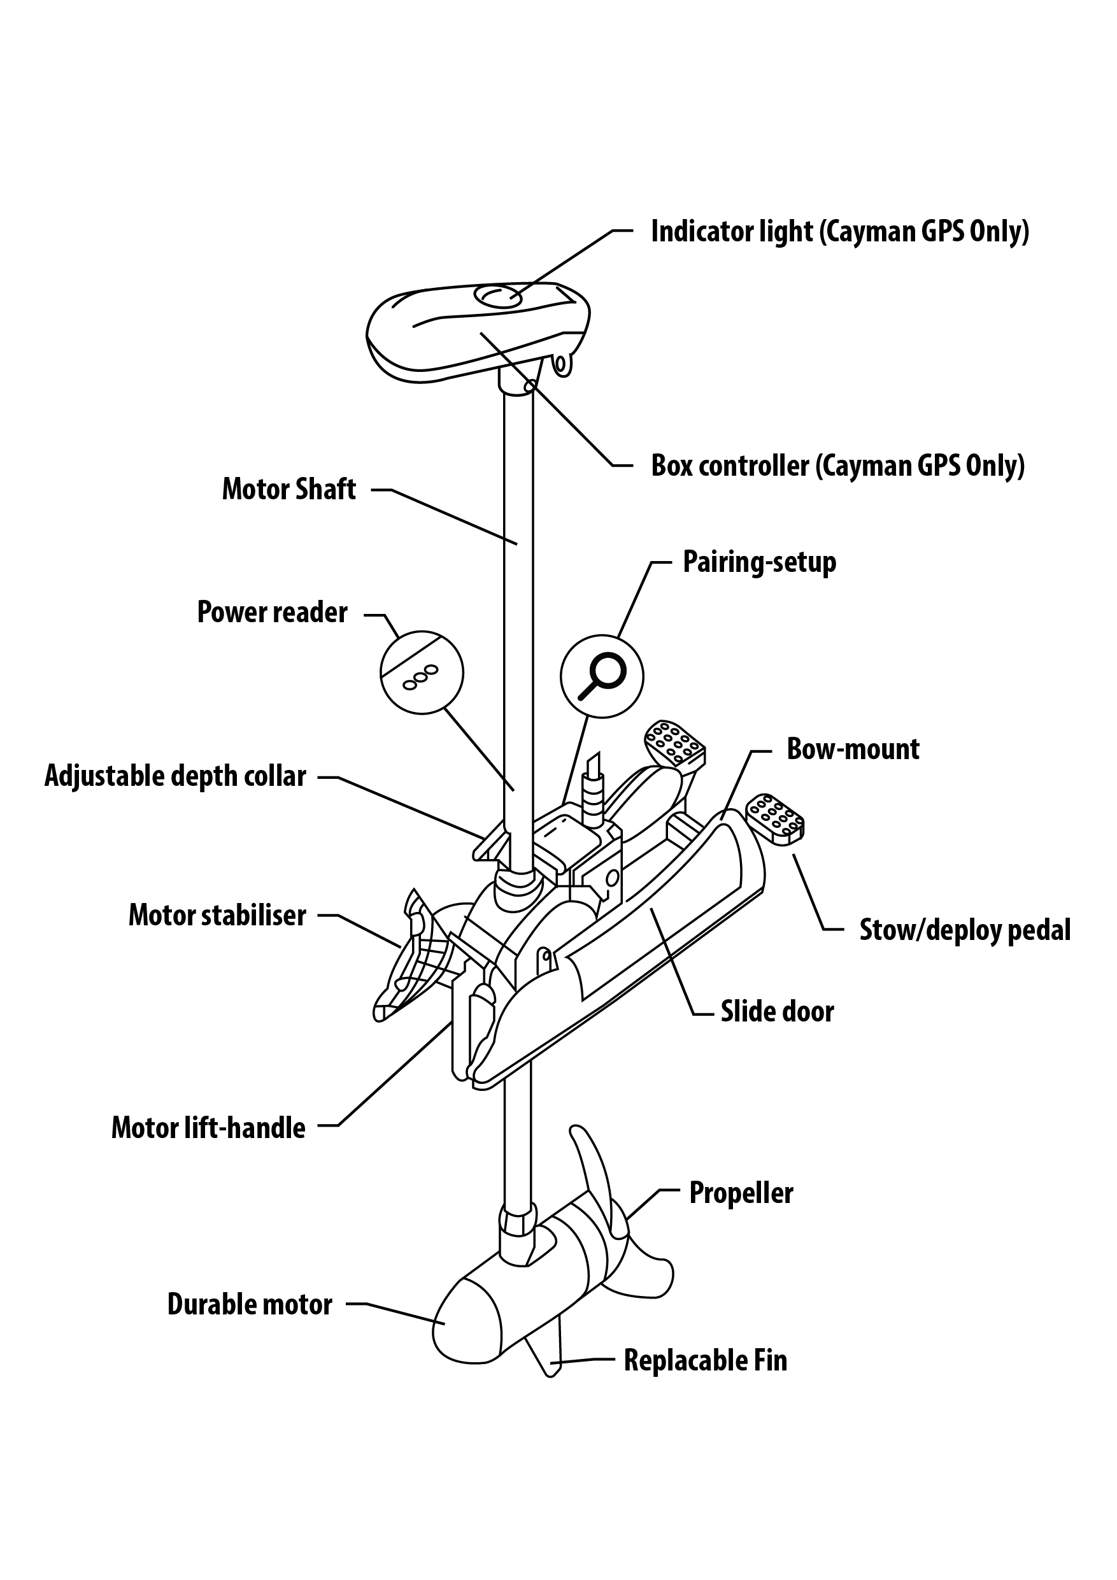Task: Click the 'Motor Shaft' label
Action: pyautogui.click(x=288, y=489)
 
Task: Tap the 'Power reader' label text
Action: pyautogui.click(x=272, y=613)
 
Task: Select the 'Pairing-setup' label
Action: pyautogui.click(x=759, y=562)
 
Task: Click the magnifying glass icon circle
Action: pyautogui.click(x=602, y=676)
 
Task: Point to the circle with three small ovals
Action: pyautogui.click(x=422, y=673)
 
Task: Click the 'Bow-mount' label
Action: pyautogui.click(x=853, y=750)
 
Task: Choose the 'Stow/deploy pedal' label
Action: pyautogui.click(x=965, y=930)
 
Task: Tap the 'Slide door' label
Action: pyautogui.click(x=777, y=1011)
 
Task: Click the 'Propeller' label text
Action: pyautogui.click(x=741, y=1193)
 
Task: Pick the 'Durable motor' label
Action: pyautogui.click(x=250, y=1304)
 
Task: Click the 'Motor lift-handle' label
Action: pyautogui.click(x=208, y=1128)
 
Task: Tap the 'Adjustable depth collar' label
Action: pyautogui.click(x=176, y=776)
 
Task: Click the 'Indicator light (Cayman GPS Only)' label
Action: pyautogui.click(x=839, y=231)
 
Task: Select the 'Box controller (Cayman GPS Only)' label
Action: pyautogui.click(x=837, y=466)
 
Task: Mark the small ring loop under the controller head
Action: pyautogui.click(x=563, y=365)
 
